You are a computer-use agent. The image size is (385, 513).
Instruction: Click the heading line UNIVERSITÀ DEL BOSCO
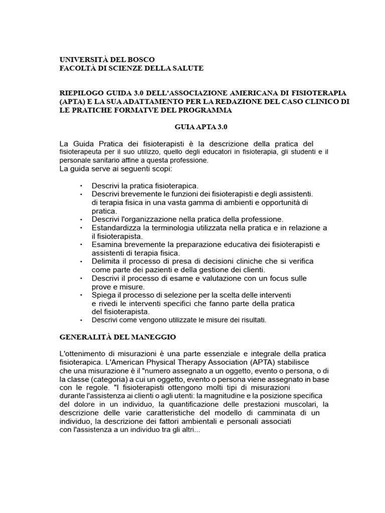(x=107, y=60)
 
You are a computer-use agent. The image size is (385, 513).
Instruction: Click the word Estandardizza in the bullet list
(x=116, y=228)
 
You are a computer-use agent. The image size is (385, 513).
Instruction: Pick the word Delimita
(x=106, y=262)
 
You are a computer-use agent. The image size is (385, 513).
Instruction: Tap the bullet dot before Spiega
(x=81, y=296)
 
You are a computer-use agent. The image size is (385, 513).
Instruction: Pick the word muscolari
(x=303, y=404)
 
